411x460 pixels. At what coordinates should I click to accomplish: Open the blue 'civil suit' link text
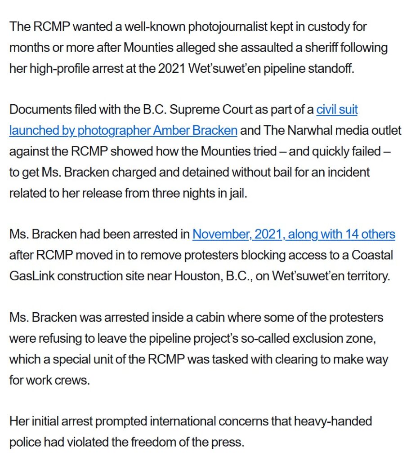pyautogui.click(x=337, y=110)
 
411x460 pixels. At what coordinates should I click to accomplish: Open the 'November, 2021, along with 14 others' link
pyautogui.click(x=294, y=234)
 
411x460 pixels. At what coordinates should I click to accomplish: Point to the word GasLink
pyautogui.click(x=31, y=276)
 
